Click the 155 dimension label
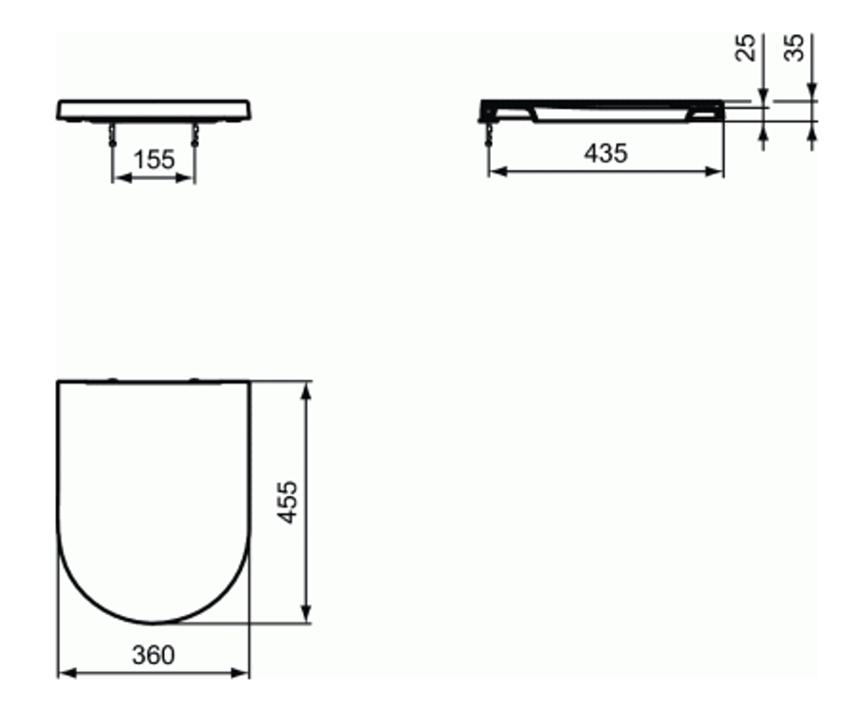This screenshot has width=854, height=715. (155, 159)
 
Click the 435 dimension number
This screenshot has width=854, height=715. (605, 153)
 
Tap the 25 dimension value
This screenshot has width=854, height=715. (746, 50)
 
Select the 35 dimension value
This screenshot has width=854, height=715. (795, 50)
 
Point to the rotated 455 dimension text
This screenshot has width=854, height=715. (289, 501)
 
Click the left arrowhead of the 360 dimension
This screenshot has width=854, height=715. (64, 673)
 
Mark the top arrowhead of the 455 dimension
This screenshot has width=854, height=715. (307, 390)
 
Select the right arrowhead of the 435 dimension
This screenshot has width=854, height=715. (717, 172)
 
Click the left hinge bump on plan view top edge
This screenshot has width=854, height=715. (113, 378)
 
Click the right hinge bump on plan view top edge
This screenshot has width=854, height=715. (194, 378)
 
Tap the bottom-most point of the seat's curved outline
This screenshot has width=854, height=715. (154, 622)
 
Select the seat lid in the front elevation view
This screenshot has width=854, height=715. (155, 110)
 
